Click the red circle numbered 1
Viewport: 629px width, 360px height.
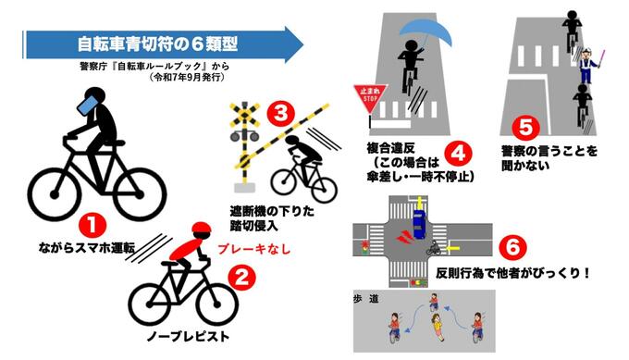point(92,225)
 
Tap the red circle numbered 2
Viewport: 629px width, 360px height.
point(242,278)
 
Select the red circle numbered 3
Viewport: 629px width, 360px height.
point(281,113)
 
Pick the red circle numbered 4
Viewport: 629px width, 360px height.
point(459,153)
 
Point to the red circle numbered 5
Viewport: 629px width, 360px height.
point(525,127)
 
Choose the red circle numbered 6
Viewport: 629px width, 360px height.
point(512,247)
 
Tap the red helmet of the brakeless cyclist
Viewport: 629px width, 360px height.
point(201,229)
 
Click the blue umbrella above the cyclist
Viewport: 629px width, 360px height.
point(426,32)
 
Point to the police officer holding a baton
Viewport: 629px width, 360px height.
point(587,65)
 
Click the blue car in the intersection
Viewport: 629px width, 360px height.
point(418,223)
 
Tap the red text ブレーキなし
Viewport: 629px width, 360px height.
point(253,249)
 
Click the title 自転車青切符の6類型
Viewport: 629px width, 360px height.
point(157,44)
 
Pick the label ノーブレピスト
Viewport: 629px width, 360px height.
point(188,336)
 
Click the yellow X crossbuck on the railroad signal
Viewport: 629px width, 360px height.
point(244,115)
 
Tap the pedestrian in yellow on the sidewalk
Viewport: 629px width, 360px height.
point(436,326)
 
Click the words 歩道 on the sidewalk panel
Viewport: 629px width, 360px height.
point(366,299)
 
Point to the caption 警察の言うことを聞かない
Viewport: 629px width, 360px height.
point(549,158)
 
